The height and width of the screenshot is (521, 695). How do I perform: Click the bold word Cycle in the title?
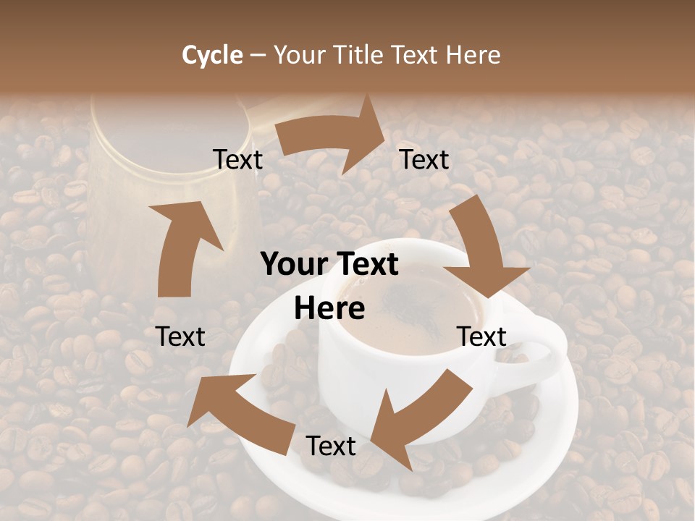tap(212, 55)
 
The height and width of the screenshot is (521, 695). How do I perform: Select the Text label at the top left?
tap(238, 160)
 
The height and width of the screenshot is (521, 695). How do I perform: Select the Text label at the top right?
tap(425, 160)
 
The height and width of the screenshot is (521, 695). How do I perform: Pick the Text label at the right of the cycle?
tap(481, 337)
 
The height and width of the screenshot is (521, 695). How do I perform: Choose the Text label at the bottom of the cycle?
tap(331, 446)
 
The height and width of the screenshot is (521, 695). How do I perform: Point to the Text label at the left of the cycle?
tap(181, 337)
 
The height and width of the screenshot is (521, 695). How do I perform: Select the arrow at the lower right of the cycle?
tap(420, 420)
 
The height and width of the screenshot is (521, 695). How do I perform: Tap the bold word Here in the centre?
tap(329, 309)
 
